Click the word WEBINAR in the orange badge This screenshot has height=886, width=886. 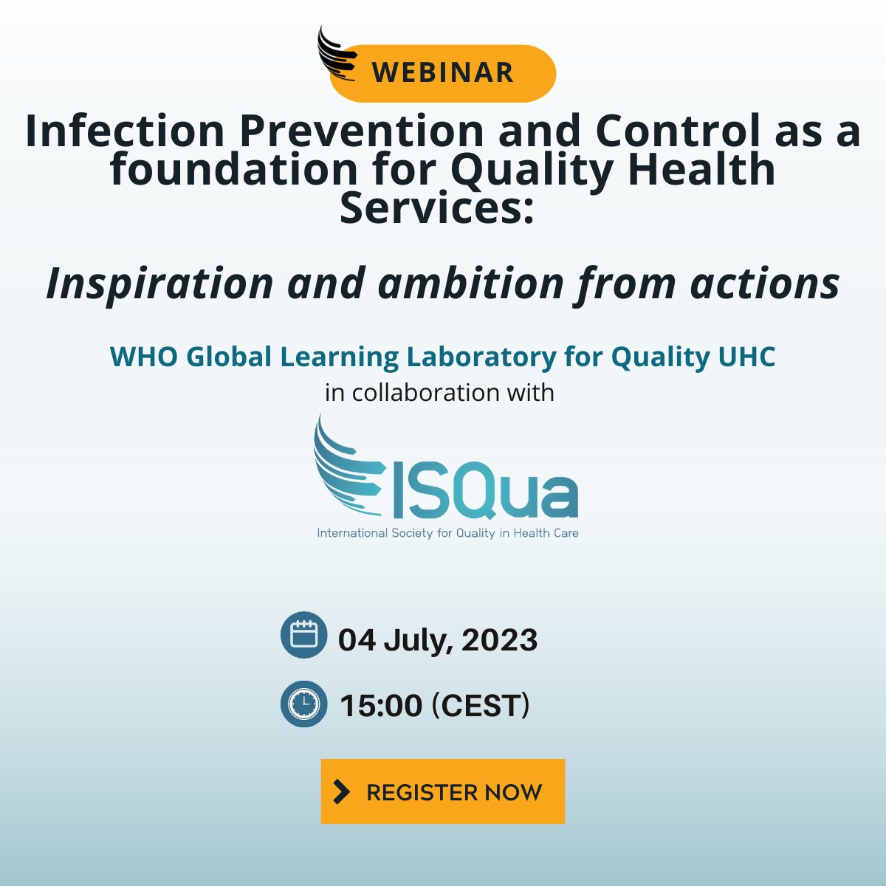tap(442, 72)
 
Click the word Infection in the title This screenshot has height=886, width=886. tap(125, 131)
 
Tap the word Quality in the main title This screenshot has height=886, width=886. tap(532, 170)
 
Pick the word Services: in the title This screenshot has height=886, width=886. tap(436, 208)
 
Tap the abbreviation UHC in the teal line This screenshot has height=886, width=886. tap(746, 357)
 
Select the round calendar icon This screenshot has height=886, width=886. tap(303, 635)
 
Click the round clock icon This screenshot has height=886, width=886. tap(303, 704)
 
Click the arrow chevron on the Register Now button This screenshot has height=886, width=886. tap(341, 791)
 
